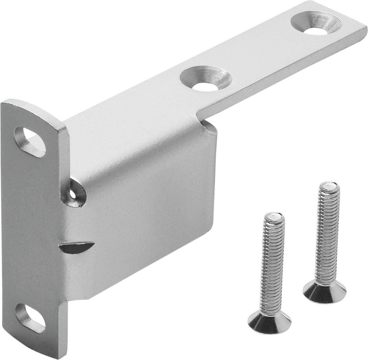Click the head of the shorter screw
click(x=269, y=323)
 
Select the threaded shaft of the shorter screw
click(x=272, y=265)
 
